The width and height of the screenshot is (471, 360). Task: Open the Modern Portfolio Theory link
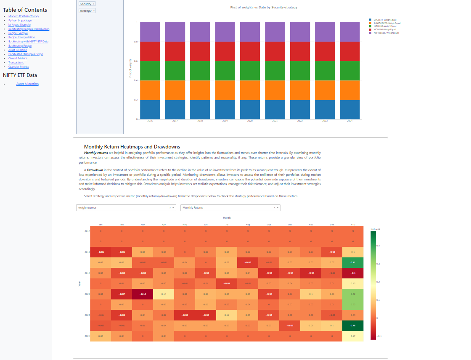click(x=24, y=16)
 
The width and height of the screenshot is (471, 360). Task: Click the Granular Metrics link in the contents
click(x=19, y=67)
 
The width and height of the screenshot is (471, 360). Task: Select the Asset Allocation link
click(x=27, y=84)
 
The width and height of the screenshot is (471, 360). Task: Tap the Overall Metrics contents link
click(x=18, y=58)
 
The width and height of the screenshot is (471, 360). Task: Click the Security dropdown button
click(x=87, y=4)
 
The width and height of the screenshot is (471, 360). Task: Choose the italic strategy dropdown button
click(x=87, y=11)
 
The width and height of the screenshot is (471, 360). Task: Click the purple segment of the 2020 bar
click(x=250, y=32)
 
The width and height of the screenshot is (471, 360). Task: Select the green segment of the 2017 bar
click(x=175, y=71)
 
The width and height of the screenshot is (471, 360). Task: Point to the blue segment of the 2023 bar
click(x=325, y=109)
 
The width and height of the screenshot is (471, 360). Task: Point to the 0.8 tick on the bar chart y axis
click(x=135, y=42)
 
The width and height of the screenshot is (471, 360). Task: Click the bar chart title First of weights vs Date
click(x=264, y=8)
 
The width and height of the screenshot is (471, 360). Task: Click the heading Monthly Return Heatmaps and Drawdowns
click(x=132, y=146)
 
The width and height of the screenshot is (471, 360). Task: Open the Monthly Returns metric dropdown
click(x=230, y=208)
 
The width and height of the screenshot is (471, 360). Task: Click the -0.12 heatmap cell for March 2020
click(x=143, y=294)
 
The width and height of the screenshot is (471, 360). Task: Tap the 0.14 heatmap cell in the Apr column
click(x=164, y=294)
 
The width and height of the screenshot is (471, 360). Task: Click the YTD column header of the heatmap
click(x=353, y=225)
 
